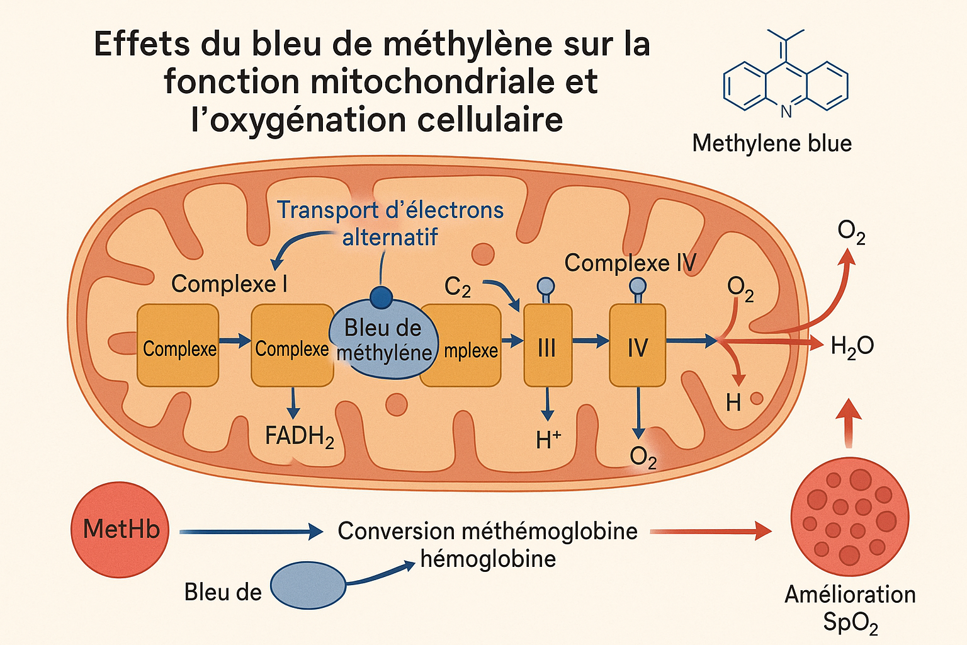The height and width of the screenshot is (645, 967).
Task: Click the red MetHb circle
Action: tap(120, 529)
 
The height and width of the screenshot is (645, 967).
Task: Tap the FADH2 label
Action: tap(299, 436)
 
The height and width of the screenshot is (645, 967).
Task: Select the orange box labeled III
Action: tap(548, 346)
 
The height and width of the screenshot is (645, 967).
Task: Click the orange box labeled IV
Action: tap(637, 346)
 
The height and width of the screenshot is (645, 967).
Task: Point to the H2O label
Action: tap(852, 346)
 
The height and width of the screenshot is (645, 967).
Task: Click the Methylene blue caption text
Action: tap(772, 144)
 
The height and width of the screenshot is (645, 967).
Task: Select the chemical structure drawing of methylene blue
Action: tap(786, 79)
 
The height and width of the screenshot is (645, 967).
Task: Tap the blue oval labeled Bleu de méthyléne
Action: tap(382, 341)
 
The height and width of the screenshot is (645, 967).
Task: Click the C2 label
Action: tap(458, 287)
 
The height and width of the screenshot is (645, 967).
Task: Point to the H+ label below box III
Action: tap(548, 440)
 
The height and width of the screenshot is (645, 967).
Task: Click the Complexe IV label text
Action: tap(630, 263)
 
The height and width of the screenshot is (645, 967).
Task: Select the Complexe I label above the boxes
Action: tap(229, 284)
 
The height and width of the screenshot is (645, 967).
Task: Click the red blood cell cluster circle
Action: tap(849, 517)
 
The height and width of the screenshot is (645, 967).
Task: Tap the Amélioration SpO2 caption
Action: tap(850, 608)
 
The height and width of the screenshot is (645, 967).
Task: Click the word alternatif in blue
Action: tap(390, 237)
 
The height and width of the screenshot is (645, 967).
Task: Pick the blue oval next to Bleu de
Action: tap(308, 586)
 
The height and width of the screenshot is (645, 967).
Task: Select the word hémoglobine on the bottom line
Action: tap(488, 559)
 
